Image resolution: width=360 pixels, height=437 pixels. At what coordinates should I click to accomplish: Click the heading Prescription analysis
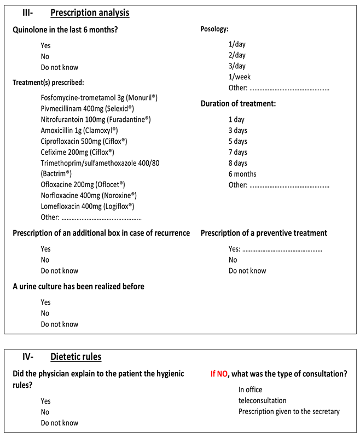tap(90, 13)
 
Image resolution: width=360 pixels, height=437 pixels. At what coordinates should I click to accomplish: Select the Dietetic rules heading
tap(76, 357)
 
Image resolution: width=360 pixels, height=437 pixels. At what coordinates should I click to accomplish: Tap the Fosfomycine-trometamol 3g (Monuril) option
tap(99, 97)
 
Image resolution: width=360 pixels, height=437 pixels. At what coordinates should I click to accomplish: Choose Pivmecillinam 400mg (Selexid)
tap(87, 108)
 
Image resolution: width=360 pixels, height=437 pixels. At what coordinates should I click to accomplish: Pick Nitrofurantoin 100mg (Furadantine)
tap(95, 119)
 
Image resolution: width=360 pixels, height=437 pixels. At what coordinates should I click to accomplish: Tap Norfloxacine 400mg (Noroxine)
tap(89, 195)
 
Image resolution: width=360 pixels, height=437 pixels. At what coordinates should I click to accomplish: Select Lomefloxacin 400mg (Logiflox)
tap(88, 206)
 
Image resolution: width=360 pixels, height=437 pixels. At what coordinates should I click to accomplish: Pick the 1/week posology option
tap(240, 77)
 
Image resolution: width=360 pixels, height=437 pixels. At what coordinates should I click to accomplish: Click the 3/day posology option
tap(237, 66)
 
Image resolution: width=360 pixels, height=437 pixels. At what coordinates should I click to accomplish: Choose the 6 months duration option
tap(242, 174)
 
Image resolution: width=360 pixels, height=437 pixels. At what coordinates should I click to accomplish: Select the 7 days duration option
tap(238, 152)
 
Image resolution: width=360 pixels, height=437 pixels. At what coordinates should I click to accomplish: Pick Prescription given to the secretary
tap(289, 412)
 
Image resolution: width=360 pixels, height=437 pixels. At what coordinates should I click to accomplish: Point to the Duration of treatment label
tap(238, 103)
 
